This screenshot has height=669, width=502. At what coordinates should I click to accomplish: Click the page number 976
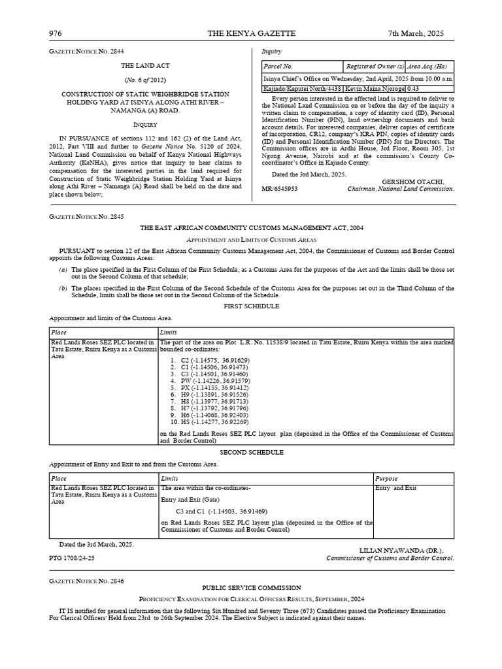(55, 33)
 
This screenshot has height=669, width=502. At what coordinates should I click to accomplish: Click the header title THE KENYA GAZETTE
(251, 33)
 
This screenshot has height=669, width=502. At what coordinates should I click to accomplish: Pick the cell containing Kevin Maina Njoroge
(375, 88)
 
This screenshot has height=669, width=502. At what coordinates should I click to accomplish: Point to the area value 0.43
(413, 88)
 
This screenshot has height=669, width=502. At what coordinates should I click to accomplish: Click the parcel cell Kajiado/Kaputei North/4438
(303, 88)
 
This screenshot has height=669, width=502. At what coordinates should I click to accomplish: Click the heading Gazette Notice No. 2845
(86, 216)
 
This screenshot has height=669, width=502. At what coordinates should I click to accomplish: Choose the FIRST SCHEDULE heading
(252, 306)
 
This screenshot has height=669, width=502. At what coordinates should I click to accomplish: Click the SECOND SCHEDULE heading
(252, 452)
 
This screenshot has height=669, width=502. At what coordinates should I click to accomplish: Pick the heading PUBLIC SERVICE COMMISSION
(252, 588)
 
